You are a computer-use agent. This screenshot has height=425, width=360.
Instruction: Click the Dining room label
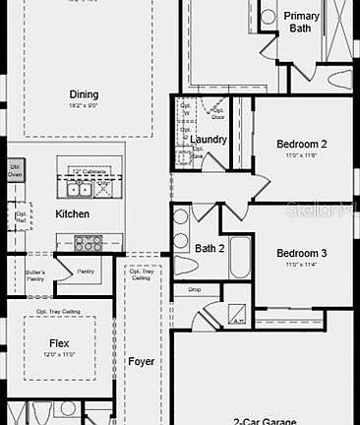tap(84, 94)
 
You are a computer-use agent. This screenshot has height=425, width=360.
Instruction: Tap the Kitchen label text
tap(73, 213)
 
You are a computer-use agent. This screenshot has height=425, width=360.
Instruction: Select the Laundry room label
tap(209, 140)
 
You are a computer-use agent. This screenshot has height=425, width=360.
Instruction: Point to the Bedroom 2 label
tap(302, 144)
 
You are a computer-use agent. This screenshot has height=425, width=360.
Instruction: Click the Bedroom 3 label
tap(301, 252)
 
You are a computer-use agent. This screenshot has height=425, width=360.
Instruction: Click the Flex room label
tap(59, 344)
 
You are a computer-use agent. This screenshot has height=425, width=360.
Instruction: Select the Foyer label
tap(142, 361)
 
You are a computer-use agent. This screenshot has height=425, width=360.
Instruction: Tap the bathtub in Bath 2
tap(239, 258)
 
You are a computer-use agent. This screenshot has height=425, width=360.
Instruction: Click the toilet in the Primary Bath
tap(339, 77)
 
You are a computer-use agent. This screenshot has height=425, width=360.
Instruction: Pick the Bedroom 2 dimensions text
tap(301, 155)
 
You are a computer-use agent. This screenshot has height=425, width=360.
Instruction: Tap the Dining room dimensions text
tap(84, 104)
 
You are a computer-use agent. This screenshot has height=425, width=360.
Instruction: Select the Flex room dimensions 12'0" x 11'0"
tap(59, 355)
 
